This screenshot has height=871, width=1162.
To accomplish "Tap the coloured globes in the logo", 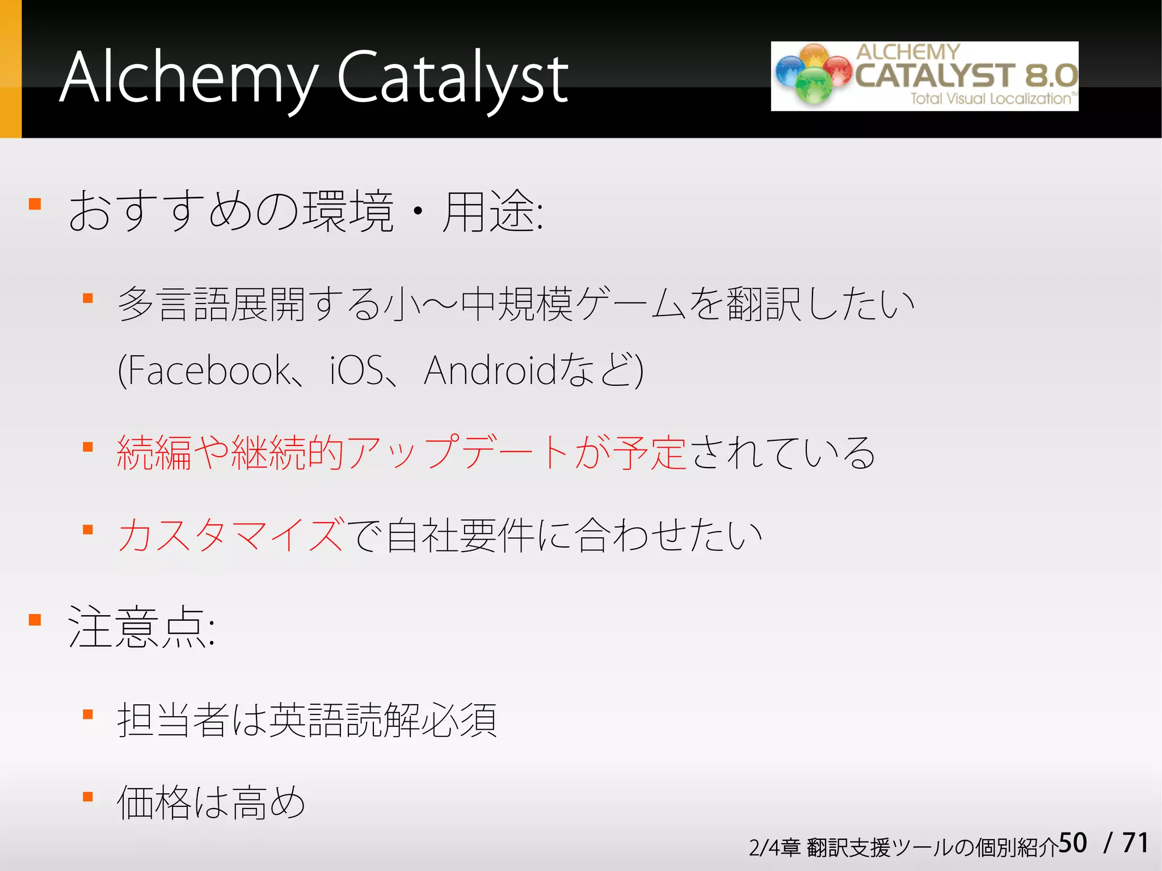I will pos(813,74).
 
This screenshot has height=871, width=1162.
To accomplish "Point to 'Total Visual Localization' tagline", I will pos(990,99).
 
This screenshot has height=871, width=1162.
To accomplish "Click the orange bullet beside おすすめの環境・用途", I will pos(35,204).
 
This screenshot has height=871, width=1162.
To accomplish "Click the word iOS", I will pos(356,371).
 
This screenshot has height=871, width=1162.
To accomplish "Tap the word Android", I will pos(490,371).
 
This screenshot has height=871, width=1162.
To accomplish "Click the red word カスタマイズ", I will pos(230,535).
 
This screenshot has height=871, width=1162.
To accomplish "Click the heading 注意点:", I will pos(141,627).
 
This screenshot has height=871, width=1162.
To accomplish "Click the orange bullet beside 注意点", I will pos(35,619).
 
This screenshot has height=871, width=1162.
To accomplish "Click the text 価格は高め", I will pos(210,802).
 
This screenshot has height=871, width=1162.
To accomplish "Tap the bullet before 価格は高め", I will pos(88,797).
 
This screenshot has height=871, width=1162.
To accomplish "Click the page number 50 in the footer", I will pos(1072,843).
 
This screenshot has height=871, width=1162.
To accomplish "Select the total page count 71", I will pos(1135,843).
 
